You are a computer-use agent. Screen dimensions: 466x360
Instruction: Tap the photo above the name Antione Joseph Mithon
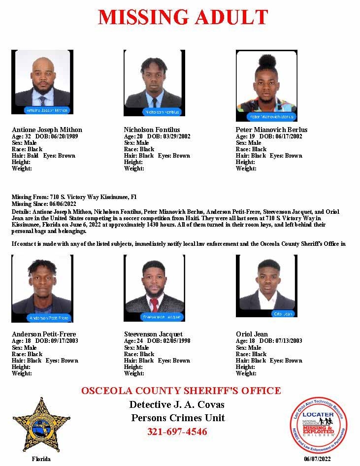click(42, 82)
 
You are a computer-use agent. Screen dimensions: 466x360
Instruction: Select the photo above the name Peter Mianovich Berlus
click(266, 85)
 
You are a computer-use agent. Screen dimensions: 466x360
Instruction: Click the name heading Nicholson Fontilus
click(152, 130)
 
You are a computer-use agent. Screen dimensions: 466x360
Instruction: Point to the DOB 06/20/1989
click(64, 136)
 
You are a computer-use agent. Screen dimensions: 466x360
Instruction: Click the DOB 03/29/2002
click(176, 136)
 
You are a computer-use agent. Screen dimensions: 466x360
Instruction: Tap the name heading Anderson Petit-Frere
click(44, 334)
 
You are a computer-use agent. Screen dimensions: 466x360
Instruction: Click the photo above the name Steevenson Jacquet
click(154, 288)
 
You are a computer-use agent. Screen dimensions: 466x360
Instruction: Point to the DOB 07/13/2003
click(288, 341)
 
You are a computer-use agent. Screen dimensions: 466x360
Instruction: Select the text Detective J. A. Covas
click(177, 405)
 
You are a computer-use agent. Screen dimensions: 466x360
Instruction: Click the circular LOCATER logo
click(318, 424)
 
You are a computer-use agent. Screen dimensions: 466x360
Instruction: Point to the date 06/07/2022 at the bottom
click(318, 459)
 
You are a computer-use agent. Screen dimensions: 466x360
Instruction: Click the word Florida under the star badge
click(41, 459)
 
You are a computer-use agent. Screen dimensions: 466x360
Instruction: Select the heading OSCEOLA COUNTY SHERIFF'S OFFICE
click(181, 391)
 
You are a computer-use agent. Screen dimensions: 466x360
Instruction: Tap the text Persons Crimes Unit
click(178, 418)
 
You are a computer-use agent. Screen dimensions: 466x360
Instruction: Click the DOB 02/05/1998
click(176, 341)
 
